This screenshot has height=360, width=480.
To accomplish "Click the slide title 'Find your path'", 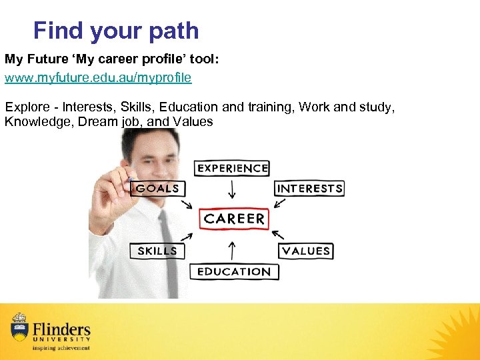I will [x=116, y=31].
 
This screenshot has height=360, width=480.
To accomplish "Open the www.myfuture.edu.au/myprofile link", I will [x=98, y=78].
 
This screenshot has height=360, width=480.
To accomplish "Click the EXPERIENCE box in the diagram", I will [x=231, y=169].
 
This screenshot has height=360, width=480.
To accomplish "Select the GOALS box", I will [x=157, y=188].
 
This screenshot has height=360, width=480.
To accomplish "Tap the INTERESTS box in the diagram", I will [x=309, y=188].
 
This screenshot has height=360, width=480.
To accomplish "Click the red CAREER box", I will [x=234, y=219].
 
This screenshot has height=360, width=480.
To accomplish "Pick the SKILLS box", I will [x=157, y=251].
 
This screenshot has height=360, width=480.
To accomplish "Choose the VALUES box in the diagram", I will [x=306, y=251].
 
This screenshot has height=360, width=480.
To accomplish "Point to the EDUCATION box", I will [x=234, y=271].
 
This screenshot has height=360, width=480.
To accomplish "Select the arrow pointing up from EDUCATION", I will [x=232, y=250].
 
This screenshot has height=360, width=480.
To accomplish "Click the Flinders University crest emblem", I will [x=19, y=327].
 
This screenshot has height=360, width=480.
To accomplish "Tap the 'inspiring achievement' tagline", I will [x=61, y=347].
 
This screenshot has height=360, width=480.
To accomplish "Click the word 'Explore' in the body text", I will [x=24, y=107].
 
